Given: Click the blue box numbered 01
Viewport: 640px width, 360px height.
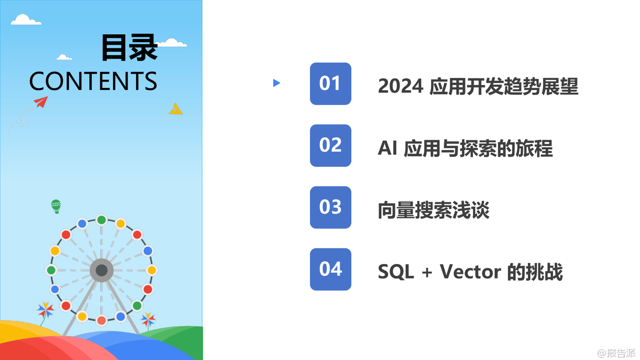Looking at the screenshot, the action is tap(331, 84).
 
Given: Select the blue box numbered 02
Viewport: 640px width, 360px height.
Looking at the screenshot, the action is tap(331, 146).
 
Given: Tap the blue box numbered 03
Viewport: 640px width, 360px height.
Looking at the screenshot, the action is tap(331, 207).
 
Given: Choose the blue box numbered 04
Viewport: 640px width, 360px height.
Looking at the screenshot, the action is tap(331, 269).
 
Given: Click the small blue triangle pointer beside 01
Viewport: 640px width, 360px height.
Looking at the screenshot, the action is tap(276, 83).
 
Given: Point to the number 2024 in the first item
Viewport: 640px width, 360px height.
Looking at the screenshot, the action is tap(401, 86).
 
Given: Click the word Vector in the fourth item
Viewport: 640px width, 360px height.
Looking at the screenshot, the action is tap(470, 271).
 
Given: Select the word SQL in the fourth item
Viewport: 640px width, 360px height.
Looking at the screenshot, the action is tap(396, 271).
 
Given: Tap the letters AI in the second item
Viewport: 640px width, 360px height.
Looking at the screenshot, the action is tap(387, 148).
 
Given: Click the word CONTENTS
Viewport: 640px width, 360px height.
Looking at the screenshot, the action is tap(93, 81).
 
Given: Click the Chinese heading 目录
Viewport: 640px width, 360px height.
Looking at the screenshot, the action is tap(130, 47).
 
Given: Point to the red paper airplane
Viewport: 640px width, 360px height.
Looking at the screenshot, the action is tap(41, 102).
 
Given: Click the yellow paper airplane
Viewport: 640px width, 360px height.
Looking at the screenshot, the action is tap(176, 109).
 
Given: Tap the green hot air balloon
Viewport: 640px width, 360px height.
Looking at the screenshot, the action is tap(56, 206).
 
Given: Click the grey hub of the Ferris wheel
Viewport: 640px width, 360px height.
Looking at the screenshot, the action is tap(101, 270).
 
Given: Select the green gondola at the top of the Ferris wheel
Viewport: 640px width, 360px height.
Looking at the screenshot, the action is tap(101, 220).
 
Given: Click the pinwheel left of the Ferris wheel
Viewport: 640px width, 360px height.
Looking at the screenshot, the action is tap(45, 310).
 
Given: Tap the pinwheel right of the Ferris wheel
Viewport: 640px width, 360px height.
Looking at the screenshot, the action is tap(148, 319).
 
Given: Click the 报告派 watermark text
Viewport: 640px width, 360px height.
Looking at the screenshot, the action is tap(621, 353).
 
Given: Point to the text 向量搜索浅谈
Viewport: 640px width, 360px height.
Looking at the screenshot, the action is tap(434, 210).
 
